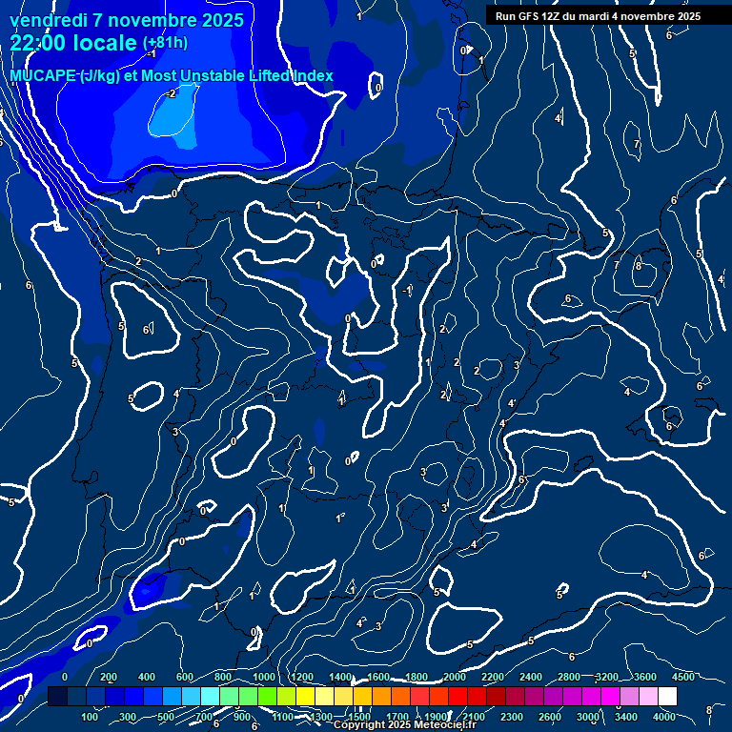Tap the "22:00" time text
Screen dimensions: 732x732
coord(38,43)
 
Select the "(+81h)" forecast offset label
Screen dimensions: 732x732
coord(165,43)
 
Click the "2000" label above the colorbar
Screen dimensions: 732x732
coord(455,677)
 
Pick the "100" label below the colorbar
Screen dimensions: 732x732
coord(91,717)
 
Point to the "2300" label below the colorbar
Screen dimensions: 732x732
coord(512,717)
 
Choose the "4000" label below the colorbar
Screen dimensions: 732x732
coord(664,717)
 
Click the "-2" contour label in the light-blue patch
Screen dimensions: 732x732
coord(171,93)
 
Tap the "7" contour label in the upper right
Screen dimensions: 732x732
coord(637,145)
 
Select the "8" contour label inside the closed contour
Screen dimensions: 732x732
coord(638,266)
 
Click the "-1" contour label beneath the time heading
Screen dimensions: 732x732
coord(151,53)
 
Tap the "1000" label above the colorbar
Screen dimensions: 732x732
coord(264,677)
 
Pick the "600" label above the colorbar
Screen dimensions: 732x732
coord(185,677)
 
